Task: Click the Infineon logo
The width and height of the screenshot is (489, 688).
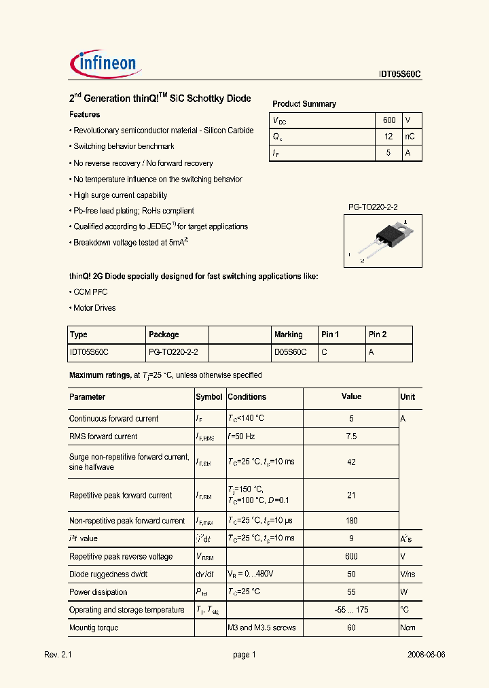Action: [105, 64]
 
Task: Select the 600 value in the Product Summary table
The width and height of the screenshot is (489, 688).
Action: [388, 120]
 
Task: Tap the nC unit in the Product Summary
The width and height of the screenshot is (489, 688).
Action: [410, 137]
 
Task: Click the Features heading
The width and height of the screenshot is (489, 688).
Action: [85, 115]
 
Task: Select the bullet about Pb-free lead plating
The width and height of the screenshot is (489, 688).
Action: [133, 211]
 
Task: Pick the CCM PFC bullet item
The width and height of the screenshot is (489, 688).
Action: [90, 292]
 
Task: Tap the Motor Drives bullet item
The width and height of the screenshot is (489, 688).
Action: [94, 308]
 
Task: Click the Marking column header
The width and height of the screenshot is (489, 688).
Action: [288, 334]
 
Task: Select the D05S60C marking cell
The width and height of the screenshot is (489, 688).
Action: [290, 353]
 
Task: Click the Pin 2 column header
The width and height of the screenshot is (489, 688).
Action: [377, 334]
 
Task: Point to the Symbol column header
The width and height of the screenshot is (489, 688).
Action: [209, 397]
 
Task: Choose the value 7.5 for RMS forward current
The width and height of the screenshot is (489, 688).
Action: [351, 436]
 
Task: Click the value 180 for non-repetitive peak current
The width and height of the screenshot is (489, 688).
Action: [351, 521]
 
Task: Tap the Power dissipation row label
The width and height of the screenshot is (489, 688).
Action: [98, 592]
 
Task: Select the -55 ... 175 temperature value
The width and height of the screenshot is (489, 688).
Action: [351, 610]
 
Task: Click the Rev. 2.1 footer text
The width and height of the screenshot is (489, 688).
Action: [58, 655]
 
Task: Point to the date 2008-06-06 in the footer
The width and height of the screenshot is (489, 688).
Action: [426, 655]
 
